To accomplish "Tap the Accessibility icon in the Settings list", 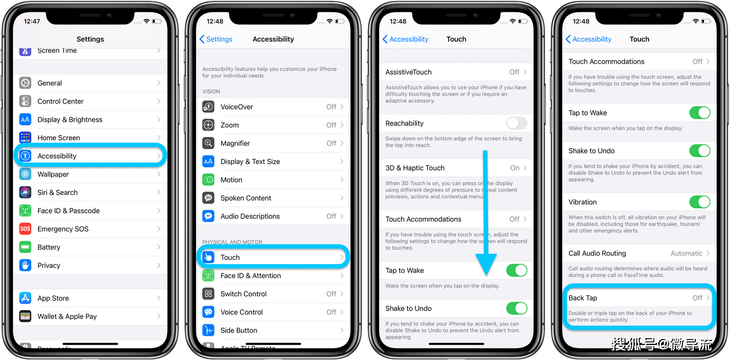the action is [x=25, y=156].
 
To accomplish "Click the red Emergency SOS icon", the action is [x=25, y=229].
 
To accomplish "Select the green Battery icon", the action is [x=25, y=247].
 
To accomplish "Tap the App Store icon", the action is [x=25, y=298].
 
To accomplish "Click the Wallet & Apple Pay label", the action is [x=67, y=316].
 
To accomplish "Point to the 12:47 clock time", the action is [x=32, y=21].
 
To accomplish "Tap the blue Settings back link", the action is [x=216, y=39].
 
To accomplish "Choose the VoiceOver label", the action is [x=237, y=107].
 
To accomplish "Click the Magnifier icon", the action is [x=208, y=143].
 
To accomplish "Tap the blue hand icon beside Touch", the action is [x=208, y=257].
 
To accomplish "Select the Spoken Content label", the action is [x=246, y=198].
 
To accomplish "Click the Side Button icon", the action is [x=208, y=331].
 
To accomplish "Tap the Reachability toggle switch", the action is [x=517, y=123].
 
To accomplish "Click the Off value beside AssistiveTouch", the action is [x=514, y=72].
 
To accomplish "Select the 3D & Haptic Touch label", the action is [x=415, y=168].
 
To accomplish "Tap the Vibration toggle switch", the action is [x=700, y=202].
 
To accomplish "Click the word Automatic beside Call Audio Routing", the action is [x=686, y=253].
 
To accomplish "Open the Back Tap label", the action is [x=583, y=298].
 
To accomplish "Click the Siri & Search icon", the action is [x=25, y=193].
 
